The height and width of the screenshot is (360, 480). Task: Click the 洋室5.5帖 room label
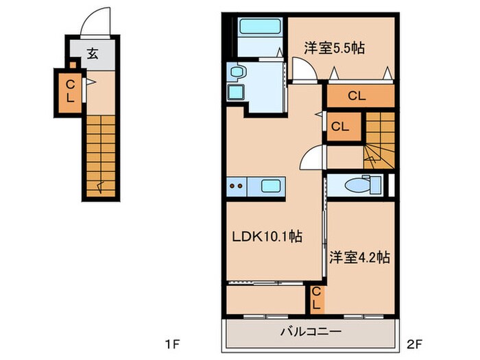point(335,48)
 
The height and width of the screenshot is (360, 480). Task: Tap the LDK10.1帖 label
point(267,237)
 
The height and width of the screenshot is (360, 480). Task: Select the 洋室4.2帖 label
point(360,257)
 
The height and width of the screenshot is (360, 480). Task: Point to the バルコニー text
point(311,332)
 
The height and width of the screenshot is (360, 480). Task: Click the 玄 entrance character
point(93,54)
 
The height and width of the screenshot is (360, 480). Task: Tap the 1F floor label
point(172,345)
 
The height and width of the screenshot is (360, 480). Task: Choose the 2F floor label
point(415,345)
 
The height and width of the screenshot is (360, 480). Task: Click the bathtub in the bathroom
point(260,26)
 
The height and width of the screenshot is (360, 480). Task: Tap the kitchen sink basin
point(271,186)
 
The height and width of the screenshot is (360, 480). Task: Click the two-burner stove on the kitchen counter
point(237,186)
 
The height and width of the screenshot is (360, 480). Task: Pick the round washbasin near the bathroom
point(237,73)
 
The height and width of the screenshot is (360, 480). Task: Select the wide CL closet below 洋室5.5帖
point(361,96)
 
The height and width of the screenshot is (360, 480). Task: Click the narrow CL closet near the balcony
point(316,300)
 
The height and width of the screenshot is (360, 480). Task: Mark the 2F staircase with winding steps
point(379,140)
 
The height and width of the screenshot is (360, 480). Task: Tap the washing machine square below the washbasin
point(236,92)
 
